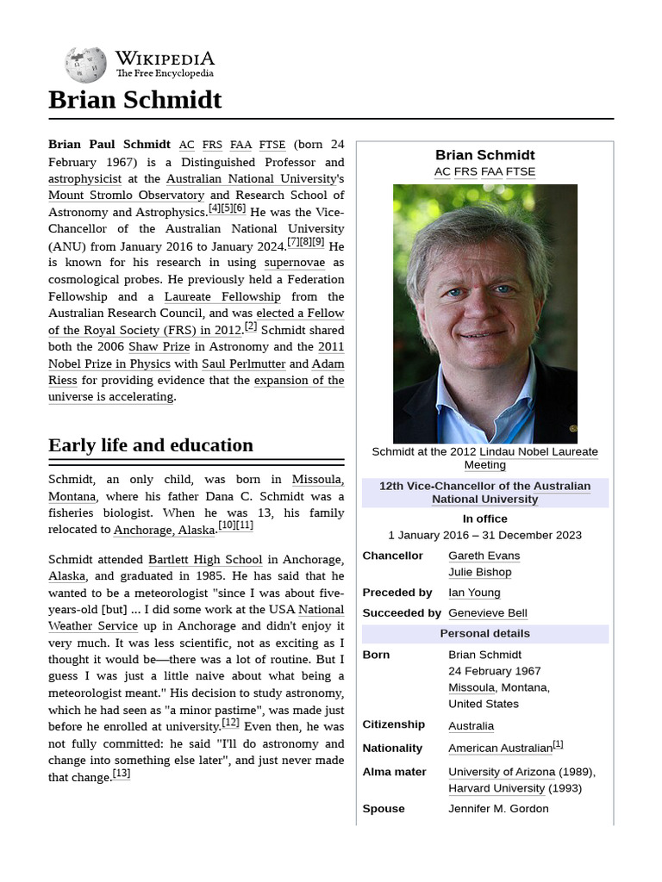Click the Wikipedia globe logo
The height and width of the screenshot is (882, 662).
pos(85,65)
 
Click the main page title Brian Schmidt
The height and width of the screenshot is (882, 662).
pos(135,100)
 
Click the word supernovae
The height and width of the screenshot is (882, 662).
pos(295,263)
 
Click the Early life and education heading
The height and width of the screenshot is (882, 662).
pos(151,445)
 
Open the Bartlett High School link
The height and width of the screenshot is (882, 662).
pos(205,559)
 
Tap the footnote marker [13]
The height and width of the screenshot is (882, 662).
pos(122,773)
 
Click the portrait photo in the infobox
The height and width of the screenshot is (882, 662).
pos(484,314)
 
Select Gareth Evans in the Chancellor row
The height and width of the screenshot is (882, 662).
pos(484,556)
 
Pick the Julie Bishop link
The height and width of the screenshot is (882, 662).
pos(479,572)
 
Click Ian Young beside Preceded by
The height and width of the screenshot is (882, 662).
pos(474,593)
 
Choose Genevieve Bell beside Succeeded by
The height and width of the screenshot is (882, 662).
pos(488,613)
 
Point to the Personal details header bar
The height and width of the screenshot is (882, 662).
pos(484,634)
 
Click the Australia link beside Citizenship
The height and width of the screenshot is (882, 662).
pos(471,726)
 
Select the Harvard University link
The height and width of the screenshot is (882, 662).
pos(496,788)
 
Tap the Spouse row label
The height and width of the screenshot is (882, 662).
pos(384,809)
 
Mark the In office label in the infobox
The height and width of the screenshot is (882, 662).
pos(484,519)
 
